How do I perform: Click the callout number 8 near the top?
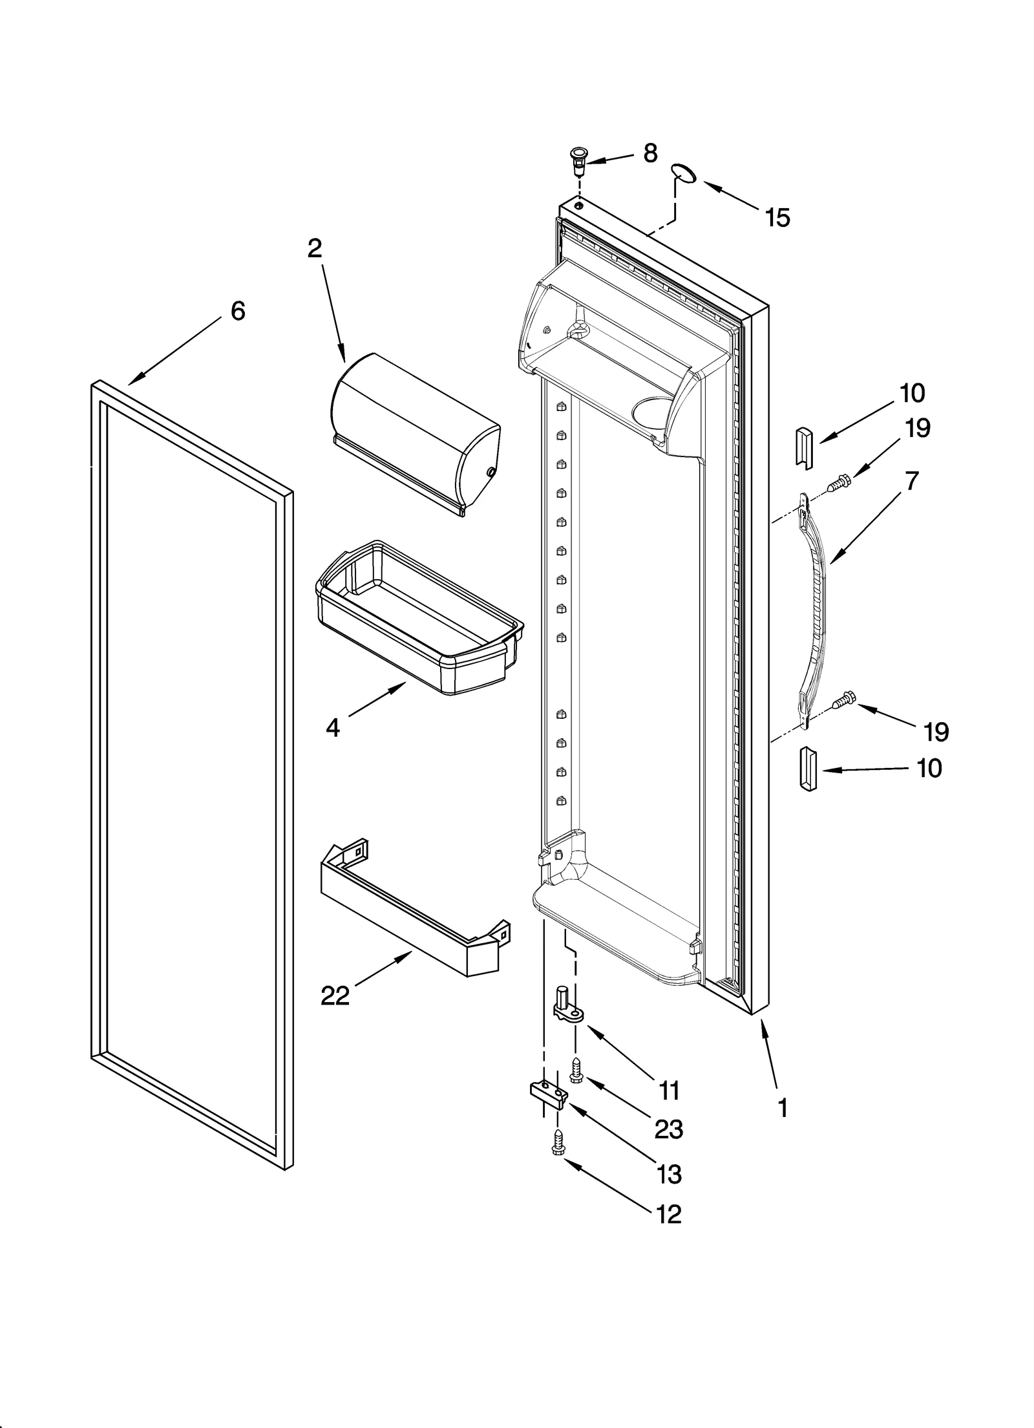tap(650, 153)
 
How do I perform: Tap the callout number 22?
tap(335, 996)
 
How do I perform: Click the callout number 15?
tap(777, 218)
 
